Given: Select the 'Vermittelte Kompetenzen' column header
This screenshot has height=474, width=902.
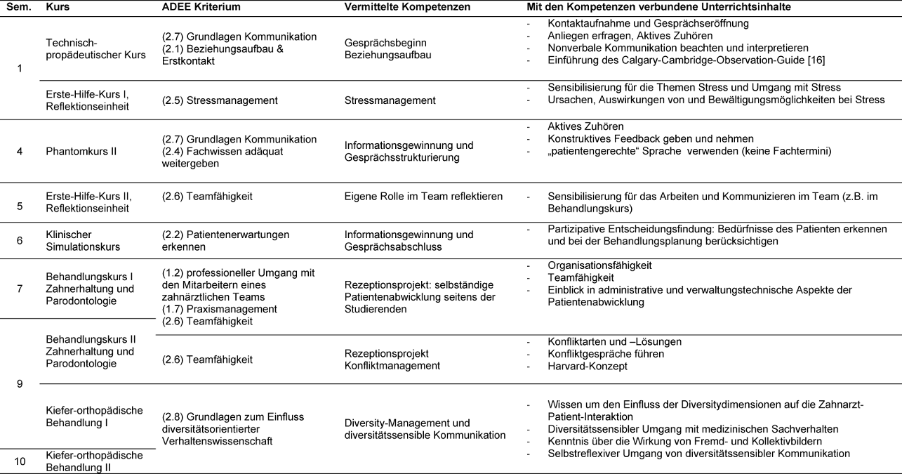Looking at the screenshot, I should (406, 6).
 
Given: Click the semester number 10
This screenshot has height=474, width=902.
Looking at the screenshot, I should (20, 461).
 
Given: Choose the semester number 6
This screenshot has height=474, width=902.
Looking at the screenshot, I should (20, 241).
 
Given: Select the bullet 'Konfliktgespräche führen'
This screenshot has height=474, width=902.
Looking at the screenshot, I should (605, 354).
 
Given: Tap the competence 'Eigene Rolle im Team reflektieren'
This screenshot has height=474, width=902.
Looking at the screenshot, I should (423, 197).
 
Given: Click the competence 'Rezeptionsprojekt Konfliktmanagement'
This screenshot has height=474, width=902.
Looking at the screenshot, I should (392, 360).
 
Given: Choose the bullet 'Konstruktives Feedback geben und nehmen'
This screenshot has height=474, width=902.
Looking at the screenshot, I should (650, 139).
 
